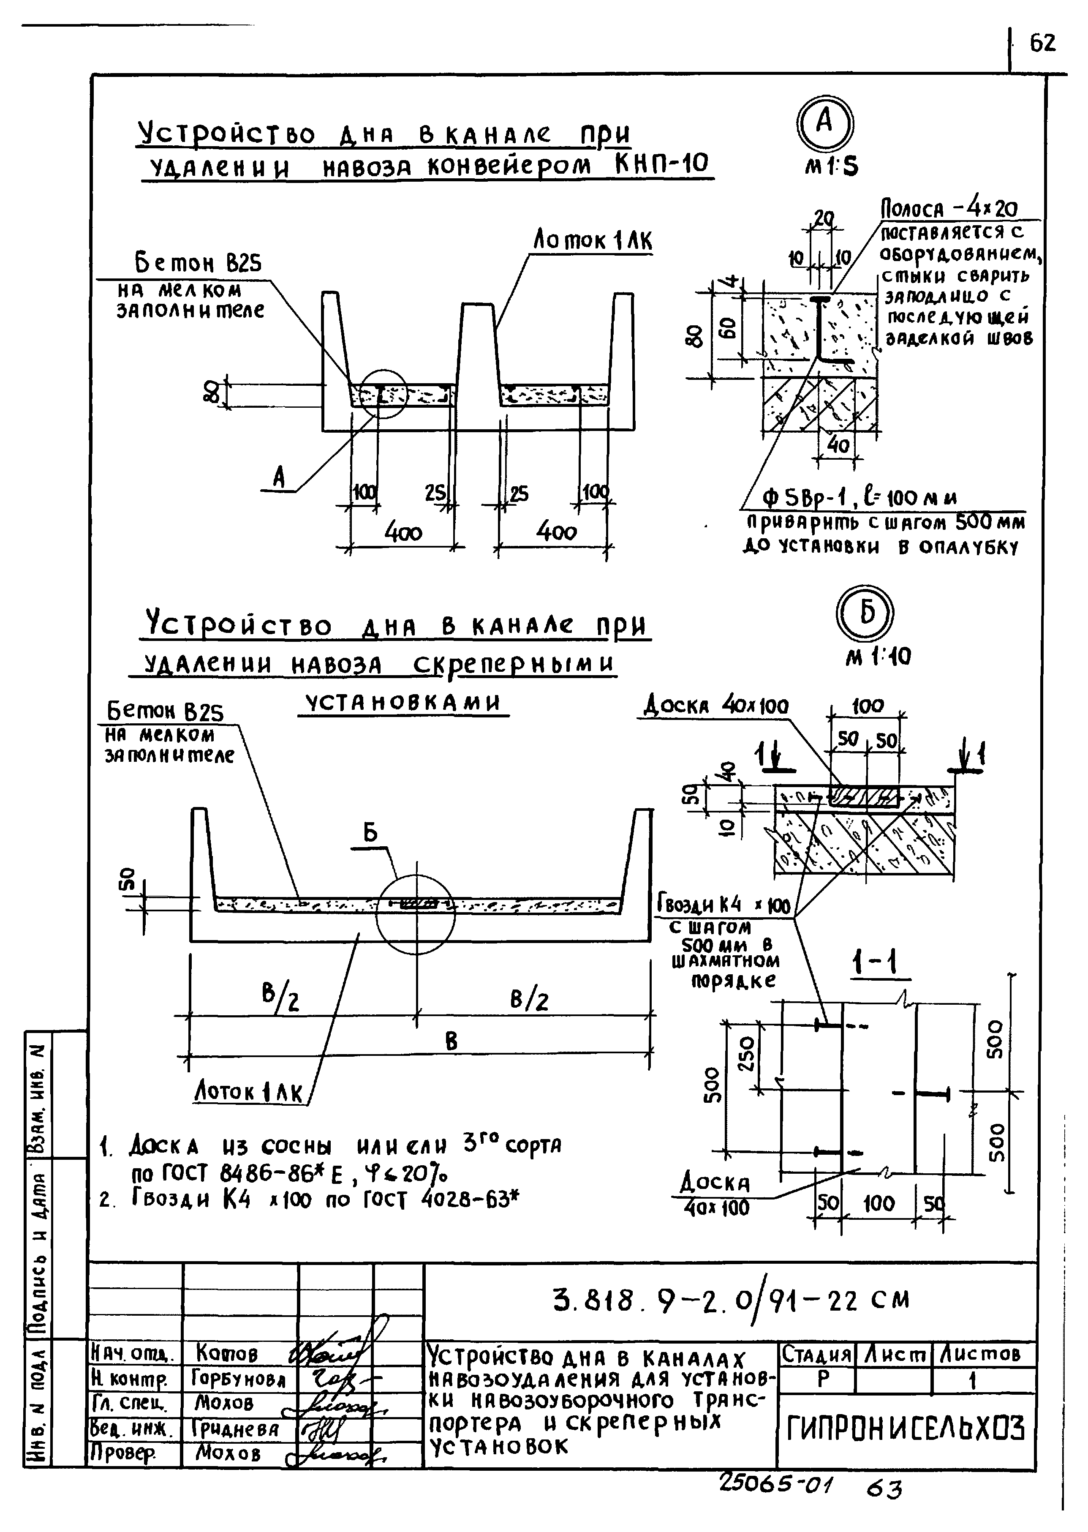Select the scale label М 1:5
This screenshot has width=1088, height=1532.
click(831, 166)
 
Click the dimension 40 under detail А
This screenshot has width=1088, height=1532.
click(838, 445)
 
